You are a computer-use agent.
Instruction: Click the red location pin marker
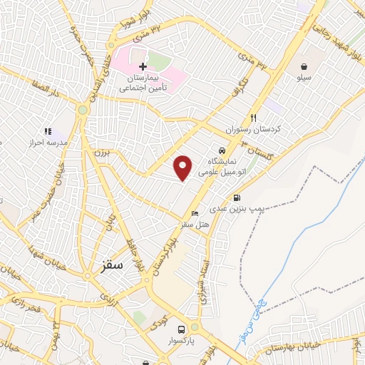pos(184,167)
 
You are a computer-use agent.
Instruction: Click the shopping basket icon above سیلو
pos(304,66)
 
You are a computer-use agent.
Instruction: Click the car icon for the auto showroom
pos(223,151)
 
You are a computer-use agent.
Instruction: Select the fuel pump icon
pos(237,199)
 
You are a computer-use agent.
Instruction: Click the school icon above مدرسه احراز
pos(48,131)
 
